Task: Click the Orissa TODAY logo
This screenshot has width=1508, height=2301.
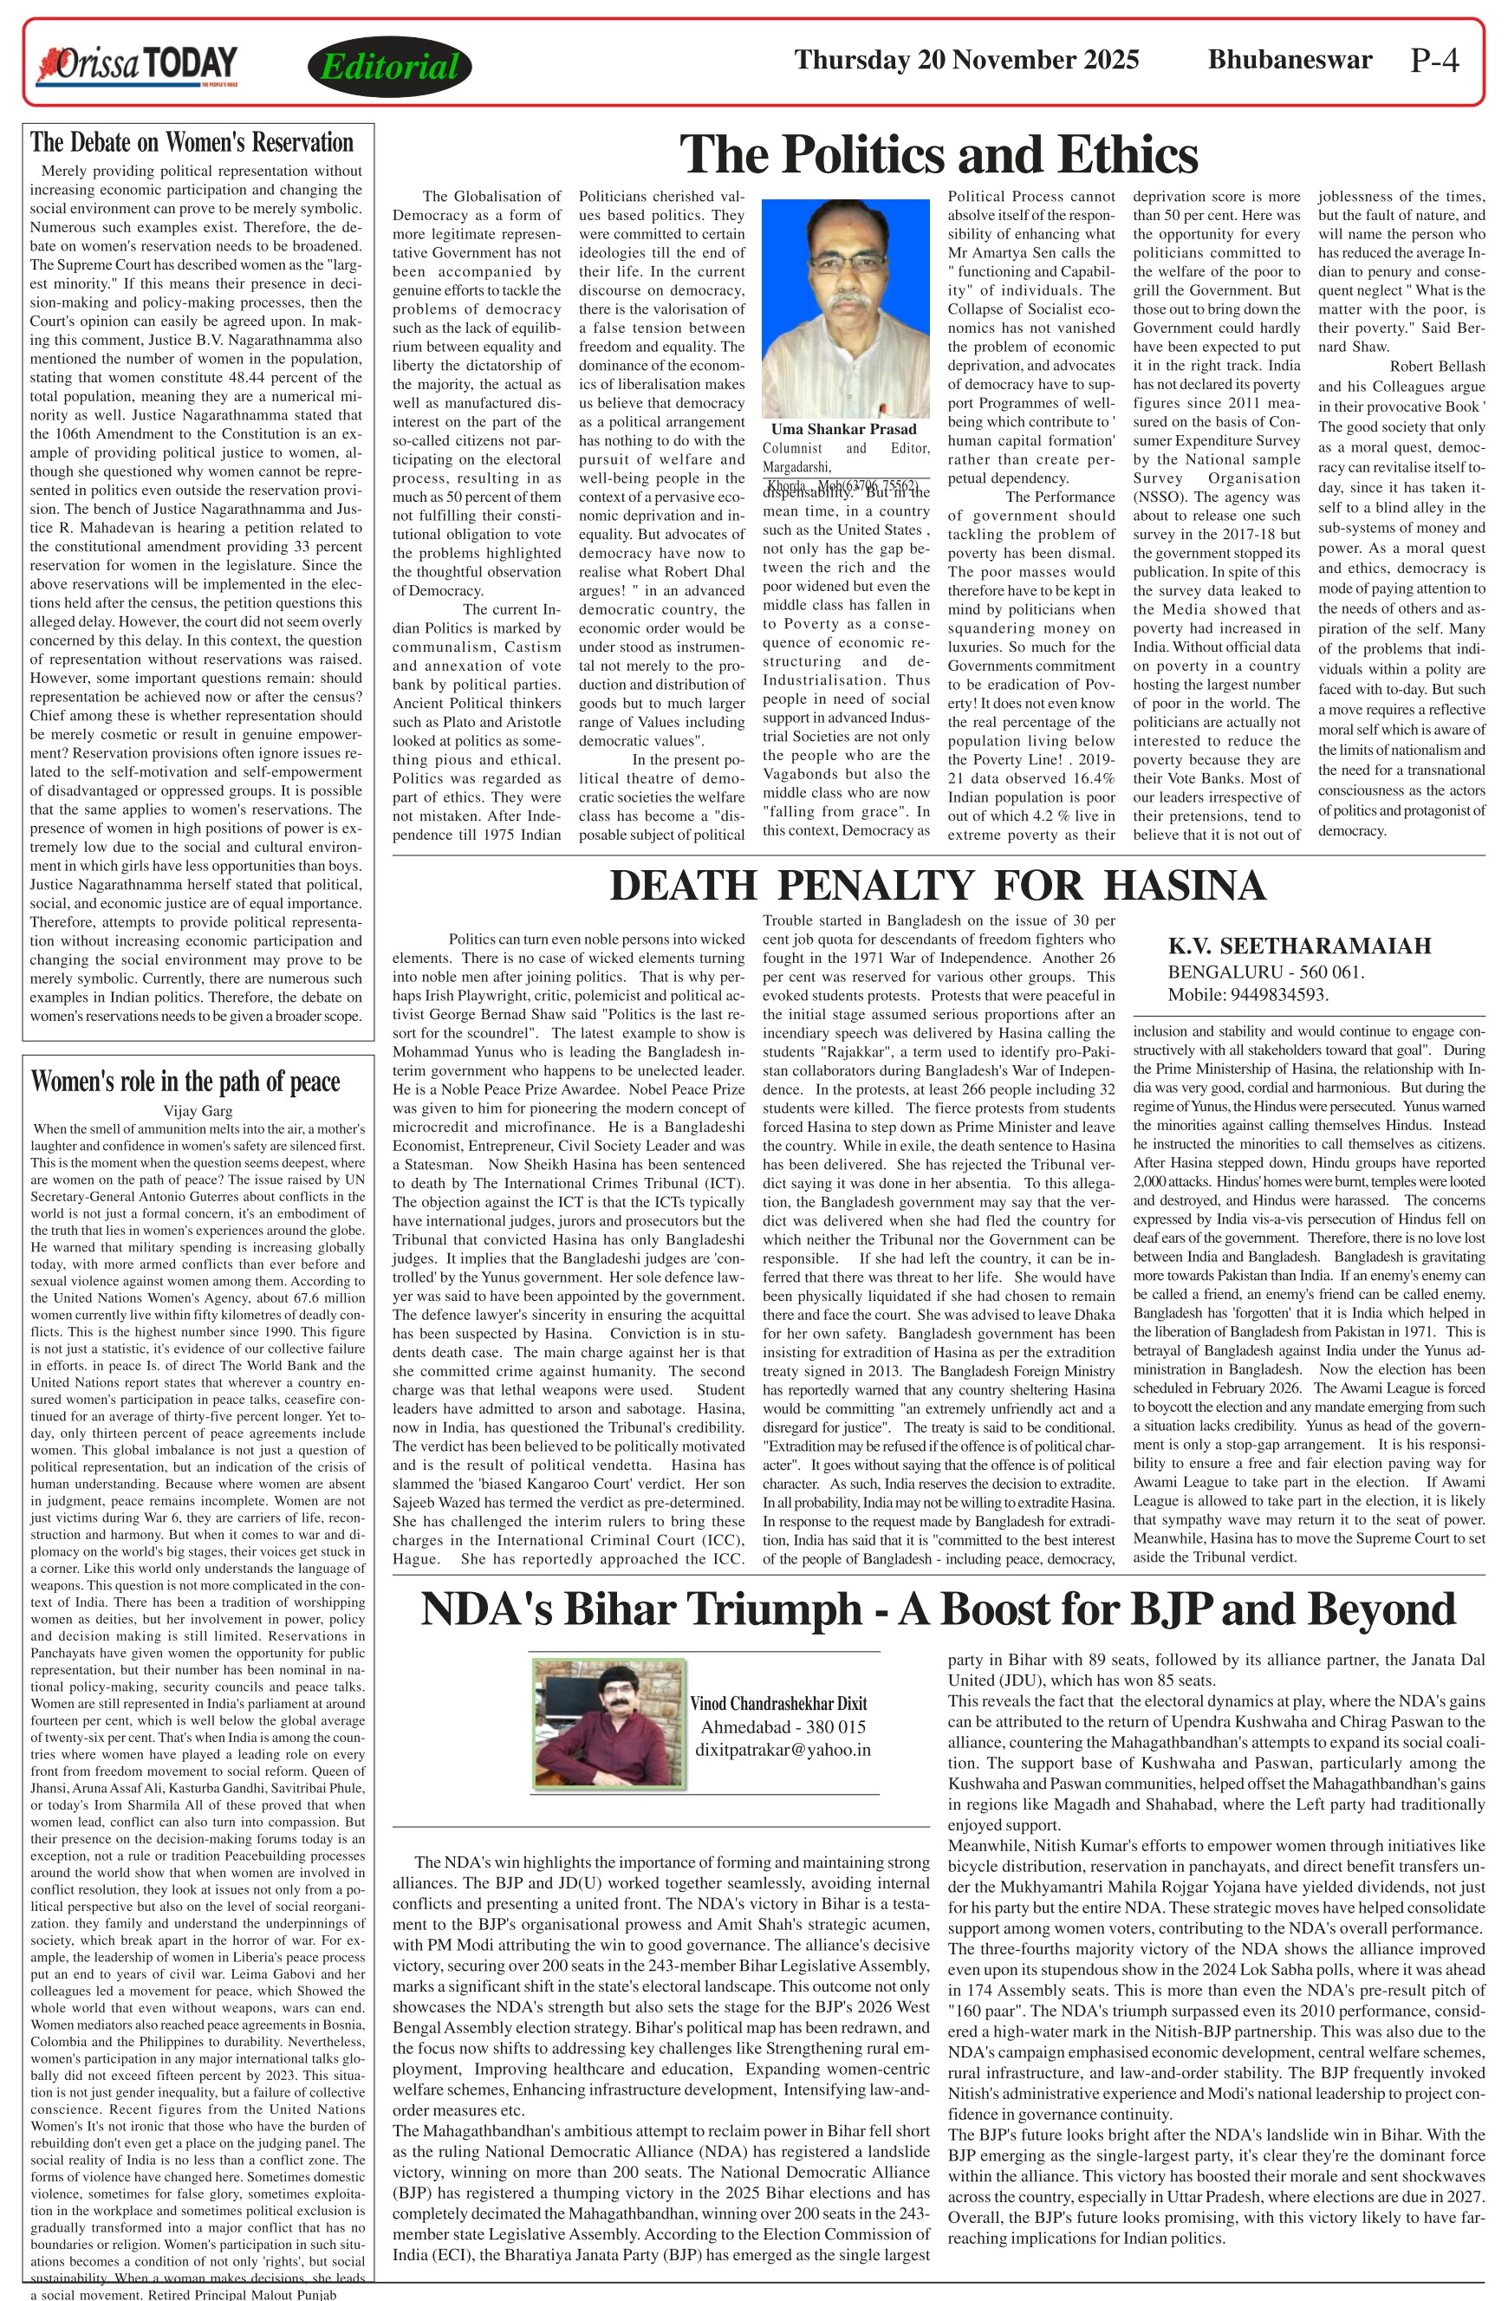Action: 136,65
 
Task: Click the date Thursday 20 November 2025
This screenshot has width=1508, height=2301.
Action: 965,60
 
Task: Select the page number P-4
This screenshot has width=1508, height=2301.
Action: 1434,61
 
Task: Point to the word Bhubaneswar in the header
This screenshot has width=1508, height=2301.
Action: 1290,60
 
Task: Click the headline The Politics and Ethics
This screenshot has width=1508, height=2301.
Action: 939,153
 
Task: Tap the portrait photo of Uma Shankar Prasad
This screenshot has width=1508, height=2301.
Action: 845,309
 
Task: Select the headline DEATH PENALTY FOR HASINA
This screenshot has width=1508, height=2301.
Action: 937,886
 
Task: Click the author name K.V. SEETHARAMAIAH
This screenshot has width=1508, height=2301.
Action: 1299,946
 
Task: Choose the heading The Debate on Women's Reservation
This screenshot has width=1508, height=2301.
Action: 192,143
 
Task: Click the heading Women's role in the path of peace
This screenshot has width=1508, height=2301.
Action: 185,1081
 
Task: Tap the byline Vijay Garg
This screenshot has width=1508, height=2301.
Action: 198,1111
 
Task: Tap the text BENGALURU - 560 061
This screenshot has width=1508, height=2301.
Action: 1266,972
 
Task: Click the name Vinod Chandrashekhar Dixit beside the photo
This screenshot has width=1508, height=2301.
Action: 778,1704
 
